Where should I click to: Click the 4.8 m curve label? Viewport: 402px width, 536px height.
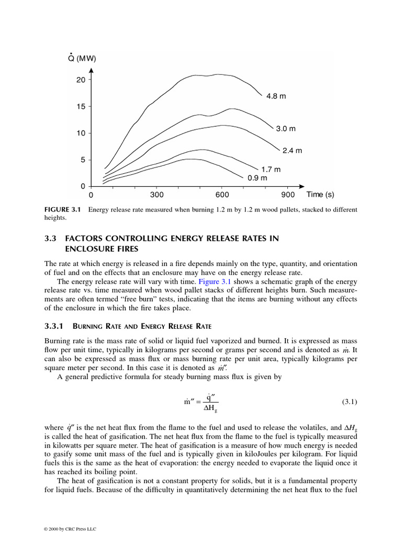click(276, 96)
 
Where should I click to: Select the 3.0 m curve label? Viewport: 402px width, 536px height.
click(286, 129)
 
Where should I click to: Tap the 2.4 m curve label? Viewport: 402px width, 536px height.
click(293, 151)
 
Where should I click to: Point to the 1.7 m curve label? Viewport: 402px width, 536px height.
click(271, 170)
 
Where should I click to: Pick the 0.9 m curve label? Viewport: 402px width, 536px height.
click(258, 178)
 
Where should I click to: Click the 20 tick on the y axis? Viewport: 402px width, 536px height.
click(80, 80)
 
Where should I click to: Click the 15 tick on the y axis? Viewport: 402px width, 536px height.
click(80, 106)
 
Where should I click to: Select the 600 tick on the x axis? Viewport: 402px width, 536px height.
click(222, 195)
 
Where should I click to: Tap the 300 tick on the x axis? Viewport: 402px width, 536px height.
click(157, 195)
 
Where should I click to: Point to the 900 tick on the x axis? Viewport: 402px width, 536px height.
click(288, 195)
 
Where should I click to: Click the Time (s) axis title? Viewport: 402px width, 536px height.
click(320, 195)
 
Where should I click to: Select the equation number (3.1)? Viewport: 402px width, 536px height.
click(349, 401)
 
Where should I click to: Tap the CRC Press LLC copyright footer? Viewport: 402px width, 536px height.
click(69, 530)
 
